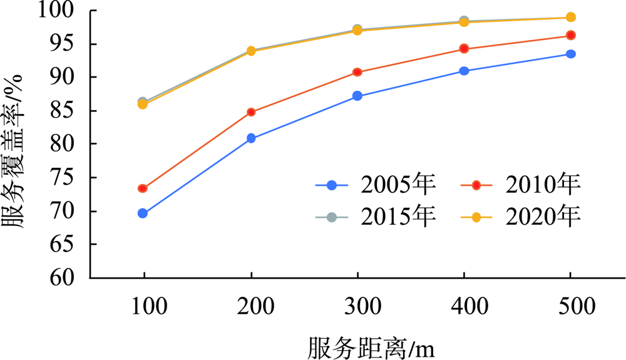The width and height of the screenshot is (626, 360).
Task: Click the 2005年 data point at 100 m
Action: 143,213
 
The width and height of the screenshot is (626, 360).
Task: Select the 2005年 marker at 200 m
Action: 251,138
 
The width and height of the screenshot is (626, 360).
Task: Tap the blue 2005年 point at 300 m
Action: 357,96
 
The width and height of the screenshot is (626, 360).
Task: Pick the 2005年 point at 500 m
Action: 570,54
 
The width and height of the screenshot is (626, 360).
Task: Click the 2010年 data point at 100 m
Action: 143,188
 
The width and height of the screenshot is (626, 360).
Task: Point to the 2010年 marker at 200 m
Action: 251,113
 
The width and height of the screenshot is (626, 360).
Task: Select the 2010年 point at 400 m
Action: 464,49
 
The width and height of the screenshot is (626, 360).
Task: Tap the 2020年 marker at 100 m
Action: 143,105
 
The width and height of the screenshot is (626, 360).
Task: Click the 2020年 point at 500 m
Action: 570,18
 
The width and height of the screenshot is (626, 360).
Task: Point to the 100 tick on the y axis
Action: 63,11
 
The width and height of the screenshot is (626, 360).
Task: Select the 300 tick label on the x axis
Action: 357,307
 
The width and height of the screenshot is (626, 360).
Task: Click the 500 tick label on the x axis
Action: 570,307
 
